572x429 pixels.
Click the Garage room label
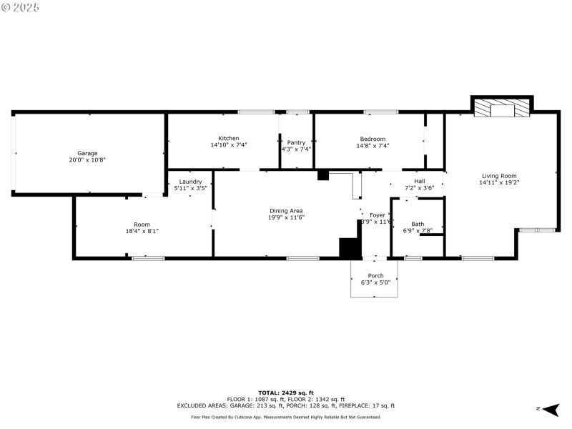[x=87, y=153]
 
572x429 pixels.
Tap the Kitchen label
[x=229, y=138]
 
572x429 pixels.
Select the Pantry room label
[x=296, y=142]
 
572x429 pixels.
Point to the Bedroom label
[x=373, y=139]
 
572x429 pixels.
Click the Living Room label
[x=498, y=175]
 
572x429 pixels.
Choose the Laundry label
[x=190, y=182]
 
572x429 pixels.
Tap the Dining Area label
[x=286, y=210]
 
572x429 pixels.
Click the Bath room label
[x=417, y=224]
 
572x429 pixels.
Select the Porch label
[x=375, y=275]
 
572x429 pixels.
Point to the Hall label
[x=419, y=181]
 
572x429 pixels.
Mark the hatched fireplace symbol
[x=503, y=108]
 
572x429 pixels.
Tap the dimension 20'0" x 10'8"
[x=87, y=160]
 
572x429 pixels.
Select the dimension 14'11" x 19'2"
[x=498, y=182]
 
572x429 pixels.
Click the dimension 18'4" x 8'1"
[x=142, y=231]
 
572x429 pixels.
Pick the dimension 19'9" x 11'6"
[x=286, y=217]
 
